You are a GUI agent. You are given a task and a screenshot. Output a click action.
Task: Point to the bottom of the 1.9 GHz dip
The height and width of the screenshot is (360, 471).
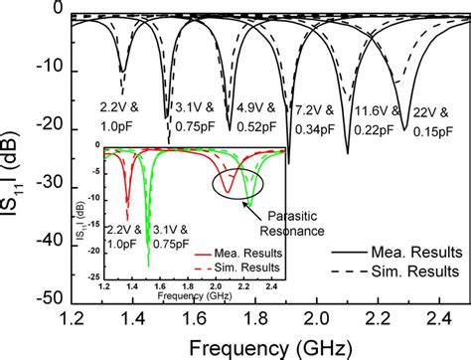coord(288,163)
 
